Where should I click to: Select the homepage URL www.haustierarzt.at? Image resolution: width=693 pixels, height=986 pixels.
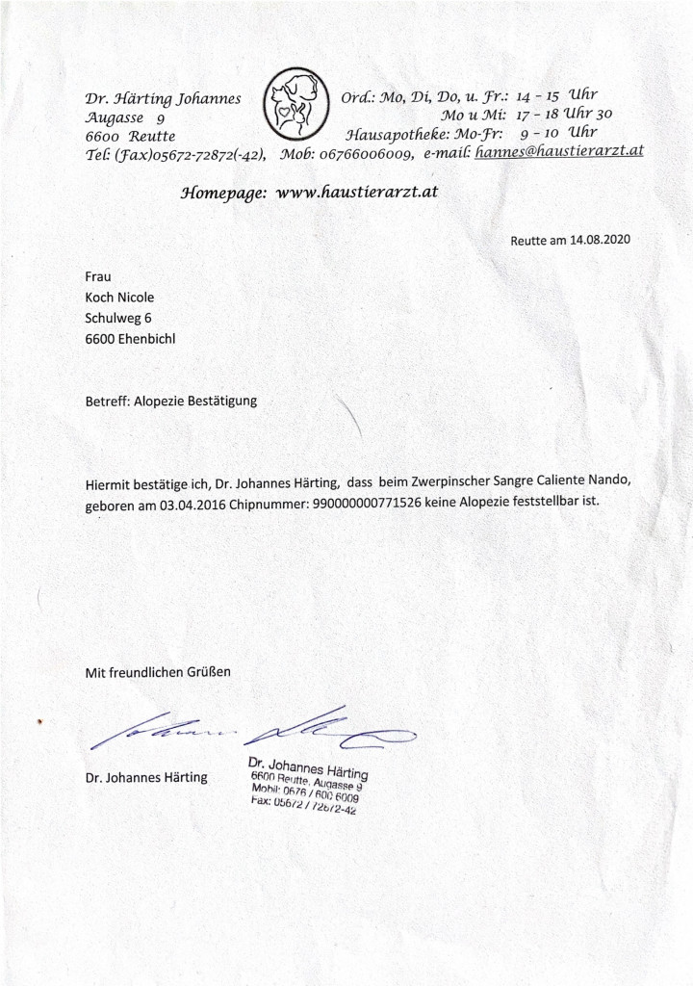coord(357,192)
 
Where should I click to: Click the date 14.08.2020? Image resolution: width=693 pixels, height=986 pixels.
coord(599,239)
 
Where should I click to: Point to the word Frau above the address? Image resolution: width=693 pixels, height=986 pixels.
coord(99,277)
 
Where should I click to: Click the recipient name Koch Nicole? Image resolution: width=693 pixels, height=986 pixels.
coord(119,298)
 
